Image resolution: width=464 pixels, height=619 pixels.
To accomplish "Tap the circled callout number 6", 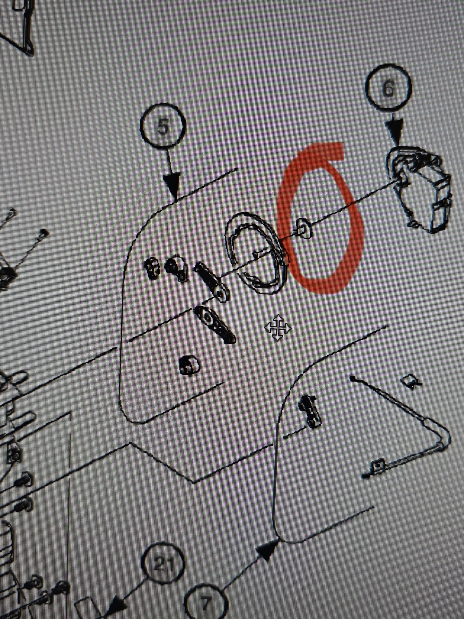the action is [388, 89].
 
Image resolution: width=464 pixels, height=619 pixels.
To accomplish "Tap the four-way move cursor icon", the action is [278, 327].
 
